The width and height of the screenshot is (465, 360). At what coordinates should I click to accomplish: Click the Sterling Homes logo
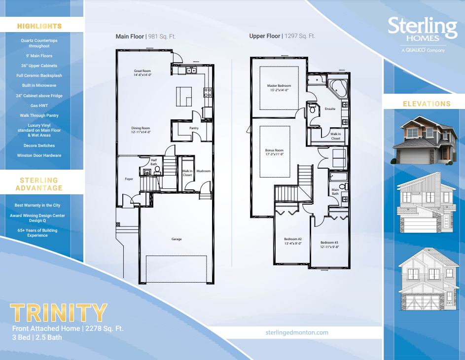click(x=423, y=33)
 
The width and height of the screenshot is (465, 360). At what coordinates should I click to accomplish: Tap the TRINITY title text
click(x=59, y=313)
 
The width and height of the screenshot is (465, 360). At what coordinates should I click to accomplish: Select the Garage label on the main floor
click(x=177, y=239)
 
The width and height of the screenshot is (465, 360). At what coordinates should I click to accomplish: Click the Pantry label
click(x=194, y=128)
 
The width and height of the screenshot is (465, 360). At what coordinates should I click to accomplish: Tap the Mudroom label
click(x=204, y=171)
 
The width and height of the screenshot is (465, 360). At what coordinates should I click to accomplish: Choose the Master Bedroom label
click(x=279, y=88)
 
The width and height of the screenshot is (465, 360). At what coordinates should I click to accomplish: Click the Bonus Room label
click(x=274, y=152)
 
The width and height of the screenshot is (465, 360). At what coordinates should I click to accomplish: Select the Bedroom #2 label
click(x=292, y=241)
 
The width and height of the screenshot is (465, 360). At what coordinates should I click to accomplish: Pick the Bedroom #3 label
click(x=329, y=245)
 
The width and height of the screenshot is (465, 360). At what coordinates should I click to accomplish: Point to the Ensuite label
click(x=330, y=108)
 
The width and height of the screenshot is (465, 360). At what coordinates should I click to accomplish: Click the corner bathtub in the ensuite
click(x=338, y=87)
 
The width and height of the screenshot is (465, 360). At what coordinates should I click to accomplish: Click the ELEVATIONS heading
click(x=427, y=104)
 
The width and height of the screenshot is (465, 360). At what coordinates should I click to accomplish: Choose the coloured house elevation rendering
click(x=425, y=141)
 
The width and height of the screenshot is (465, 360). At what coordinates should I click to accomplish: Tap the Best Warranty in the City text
click(x=37, y=205)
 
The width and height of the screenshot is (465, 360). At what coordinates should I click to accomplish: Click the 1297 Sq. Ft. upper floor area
click(x=299, y=36)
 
